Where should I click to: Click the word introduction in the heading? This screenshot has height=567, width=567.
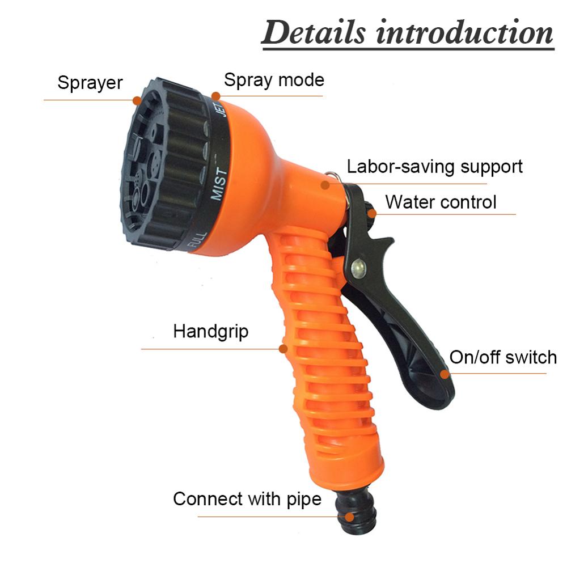coord(464,32)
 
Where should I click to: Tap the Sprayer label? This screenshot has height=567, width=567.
coord(90,83)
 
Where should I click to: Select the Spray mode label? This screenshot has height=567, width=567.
coord(274,80)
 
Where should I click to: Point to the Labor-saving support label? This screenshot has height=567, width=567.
coord(434,167)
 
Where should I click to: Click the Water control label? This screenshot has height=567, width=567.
coord(441,202)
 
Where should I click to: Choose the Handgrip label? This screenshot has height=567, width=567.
coord(210,331)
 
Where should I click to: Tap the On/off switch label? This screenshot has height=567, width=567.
coord(503,357)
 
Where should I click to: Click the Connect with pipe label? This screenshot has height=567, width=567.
coord(247,500)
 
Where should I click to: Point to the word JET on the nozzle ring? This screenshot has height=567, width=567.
coord(222,108)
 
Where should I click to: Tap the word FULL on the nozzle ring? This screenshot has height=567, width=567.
coord(194,240)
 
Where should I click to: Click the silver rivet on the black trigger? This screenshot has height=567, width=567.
coord(358,266)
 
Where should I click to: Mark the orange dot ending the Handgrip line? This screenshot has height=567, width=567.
coord(283,348)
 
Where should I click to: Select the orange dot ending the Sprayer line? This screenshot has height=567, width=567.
coord(137,100)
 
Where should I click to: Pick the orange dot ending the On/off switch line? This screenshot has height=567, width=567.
coord(445,373)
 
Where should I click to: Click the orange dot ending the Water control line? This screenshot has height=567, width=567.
coord(371,214)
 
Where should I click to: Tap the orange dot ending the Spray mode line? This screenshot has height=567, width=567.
coord(215,96)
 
